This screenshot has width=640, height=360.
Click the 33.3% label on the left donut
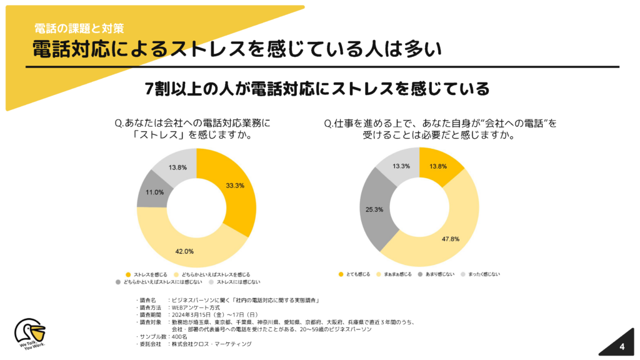pos(235,186)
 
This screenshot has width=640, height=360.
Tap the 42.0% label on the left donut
pos(184,251)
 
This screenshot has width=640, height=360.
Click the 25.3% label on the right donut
pos(375,209)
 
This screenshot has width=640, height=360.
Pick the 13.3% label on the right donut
pos(401,166)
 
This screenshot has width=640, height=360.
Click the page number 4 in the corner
pos(622,347)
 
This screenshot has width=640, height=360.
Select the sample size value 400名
pos(180,336)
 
